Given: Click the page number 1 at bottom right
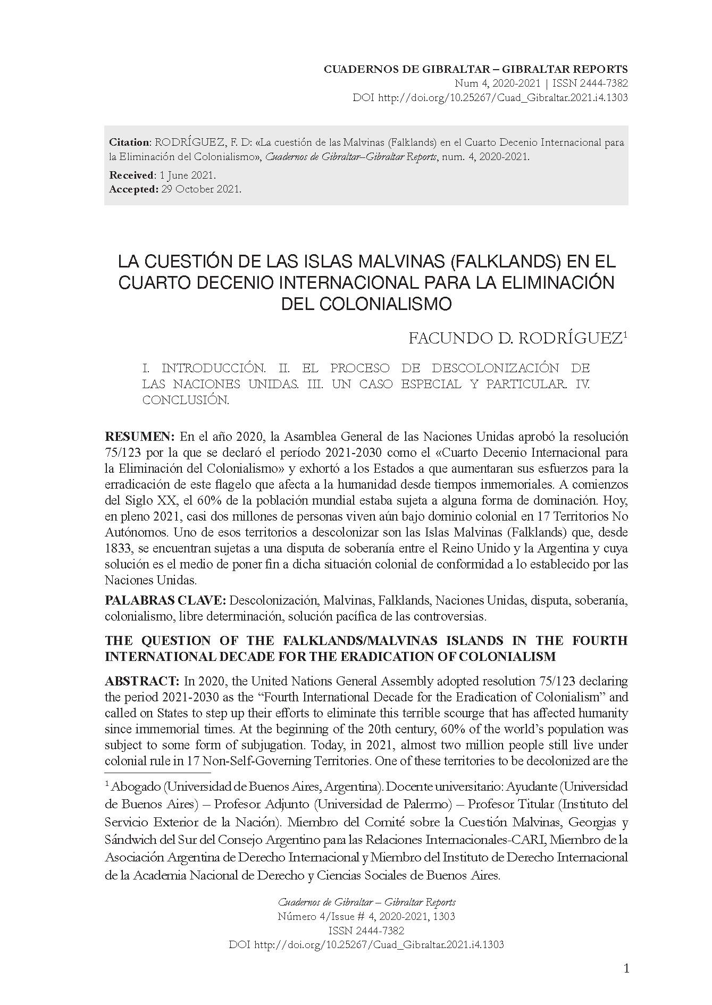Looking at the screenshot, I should coord(626,968).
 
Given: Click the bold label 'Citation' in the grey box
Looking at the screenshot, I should coord(130,143).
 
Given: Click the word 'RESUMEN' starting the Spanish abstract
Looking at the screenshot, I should coord(140,437).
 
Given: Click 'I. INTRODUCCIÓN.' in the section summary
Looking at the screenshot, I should coord(204,368).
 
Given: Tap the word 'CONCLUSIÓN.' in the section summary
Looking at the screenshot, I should coord(186,400).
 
